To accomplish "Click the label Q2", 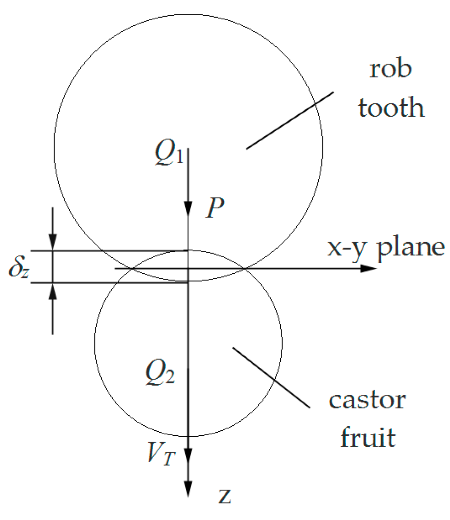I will coord(160,374).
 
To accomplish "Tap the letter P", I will coord(215,207).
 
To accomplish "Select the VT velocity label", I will coord(161,455).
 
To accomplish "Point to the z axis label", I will coord(225,496).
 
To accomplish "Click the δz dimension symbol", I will coord(19,268).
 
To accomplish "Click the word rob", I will coord(390,69).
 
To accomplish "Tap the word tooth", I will coord(391,108).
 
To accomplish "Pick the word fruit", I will coord(368,437).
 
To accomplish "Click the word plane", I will coord(411,248).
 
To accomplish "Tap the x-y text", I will coord(347,248).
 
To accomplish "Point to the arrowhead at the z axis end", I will coord(188,489).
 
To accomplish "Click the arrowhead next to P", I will coord(188,208).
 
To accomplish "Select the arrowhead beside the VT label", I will coord(188,455).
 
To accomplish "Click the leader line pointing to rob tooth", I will coord(290,121).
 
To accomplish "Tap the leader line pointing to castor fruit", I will coord(271,377).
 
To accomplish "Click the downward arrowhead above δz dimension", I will coord(53,242).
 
